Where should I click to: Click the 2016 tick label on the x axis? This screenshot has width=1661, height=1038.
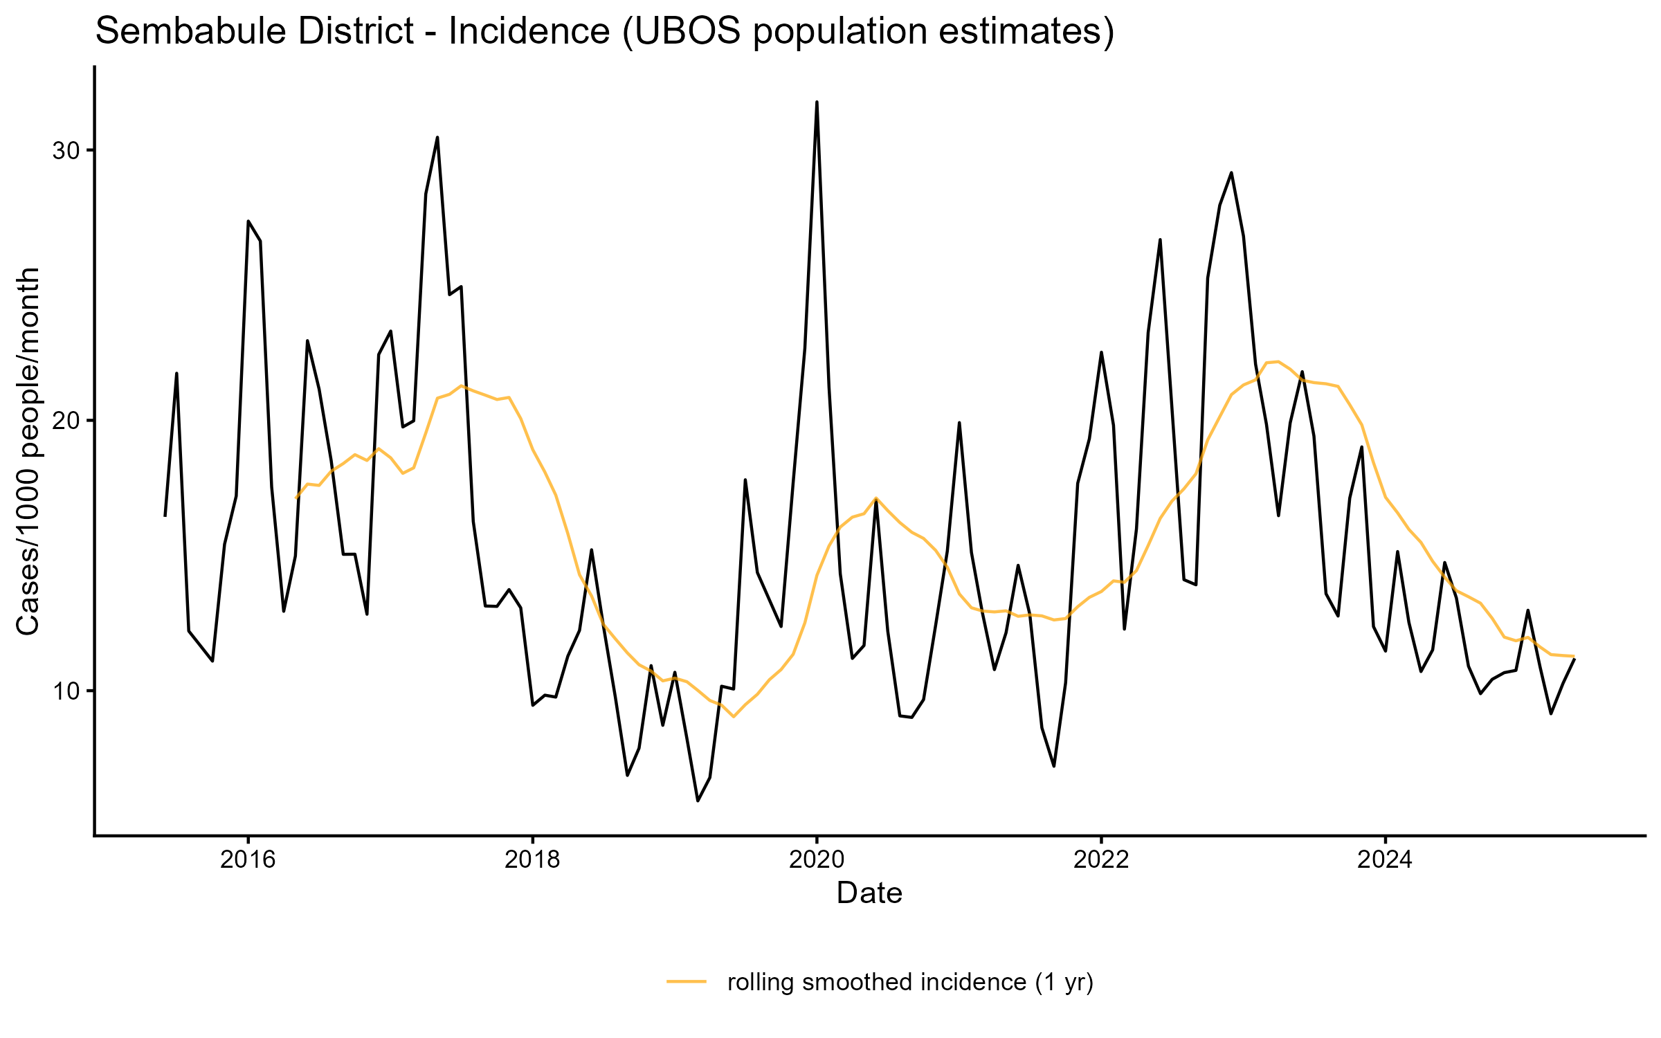pos(247,859)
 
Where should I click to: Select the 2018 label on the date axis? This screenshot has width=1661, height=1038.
pos(532,859)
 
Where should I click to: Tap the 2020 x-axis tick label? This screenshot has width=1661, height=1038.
pos(817,859)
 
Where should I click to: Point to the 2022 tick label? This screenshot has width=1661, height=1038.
pos(1100,859)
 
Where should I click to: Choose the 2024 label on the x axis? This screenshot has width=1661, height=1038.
pos(1385,859)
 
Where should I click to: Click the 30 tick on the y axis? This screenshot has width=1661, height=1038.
pos(66,151)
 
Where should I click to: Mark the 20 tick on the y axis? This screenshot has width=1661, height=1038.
pos(66,421)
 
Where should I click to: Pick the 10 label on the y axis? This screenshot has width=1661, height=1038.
pos(66,691)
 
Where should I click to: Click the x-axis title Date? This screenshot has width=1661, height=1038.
pos(869,893)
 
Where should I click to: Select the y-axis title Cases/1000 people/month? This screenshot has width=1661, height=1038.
pos(29,451)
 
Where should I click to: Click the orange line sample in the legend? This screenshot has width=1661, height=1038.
pos(687,981)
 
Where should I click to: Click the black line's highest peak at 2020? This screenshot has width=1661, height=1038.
pos(817,102)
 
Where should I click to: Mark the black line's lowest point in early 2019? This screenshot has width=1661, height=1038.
pos(698,801)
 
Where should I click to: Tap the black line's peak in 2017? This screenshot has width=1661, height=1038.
pos(437,138)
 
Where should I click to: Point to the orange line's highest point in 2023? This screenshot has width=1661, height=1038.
pos(1278,361)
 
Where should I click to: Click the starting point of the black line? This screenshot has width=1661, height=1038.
pos(165,516)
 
